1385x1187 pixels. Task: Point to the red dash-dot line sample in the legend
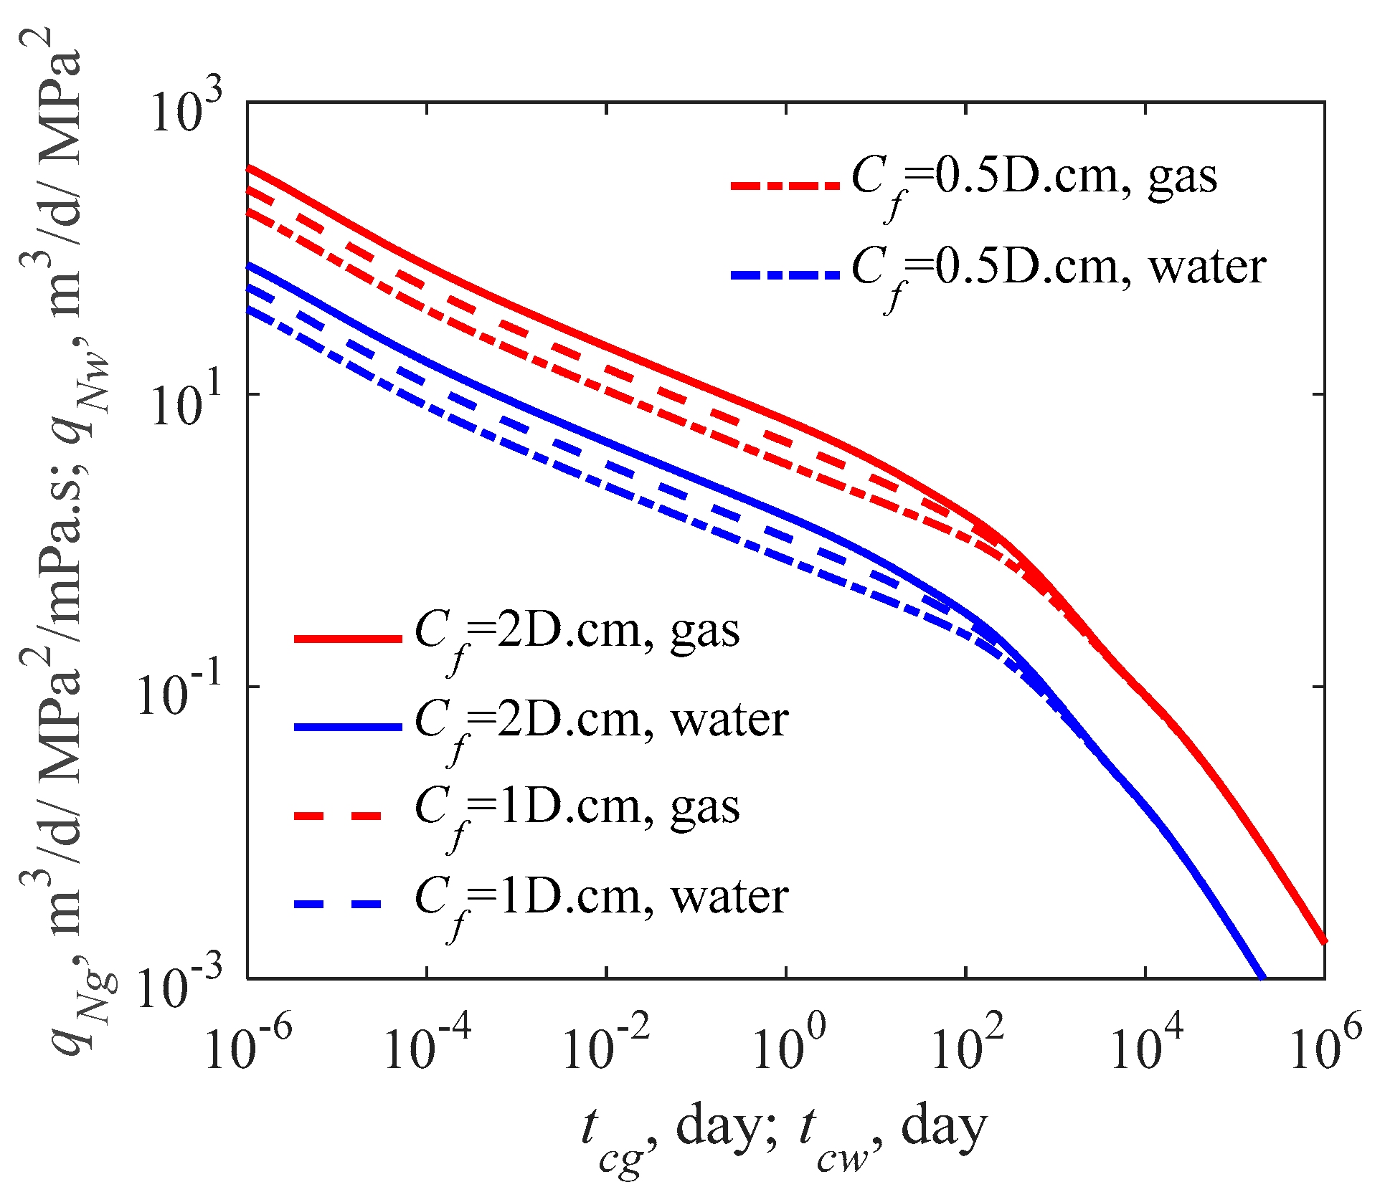(x=785, y=185)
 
